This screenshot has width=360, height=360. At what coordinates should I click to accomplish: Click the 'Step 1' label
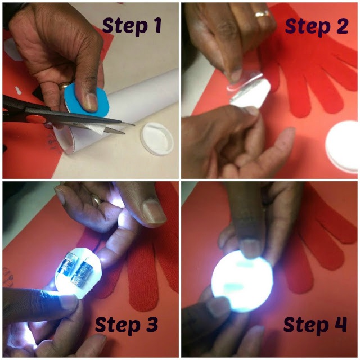point(132,26)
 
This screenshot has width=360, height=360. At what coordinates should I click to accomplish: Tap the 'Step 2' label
point(317,26)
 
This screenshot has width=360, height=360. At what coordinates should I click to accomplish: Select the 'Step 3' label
point(127,324)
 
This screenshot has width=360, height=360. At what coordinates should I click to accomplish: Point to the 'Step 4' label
point(315,324)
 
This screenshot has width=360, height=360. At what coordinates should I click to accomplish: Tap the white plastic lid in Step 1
point(157,138)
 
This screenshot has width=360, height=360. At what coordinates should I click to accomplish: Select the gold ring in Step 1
point(64,85)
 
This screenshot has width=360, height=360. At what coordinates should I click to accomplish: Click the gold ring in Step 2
point(262,14)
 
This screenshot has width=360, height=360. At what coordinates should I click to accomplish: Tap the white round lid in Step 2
point(343,146)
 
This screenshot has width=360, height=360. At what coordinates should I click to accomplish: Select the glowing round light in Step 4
point(242,282)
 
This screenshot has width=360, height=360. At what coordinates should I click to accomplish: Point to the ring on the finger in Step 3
point(97,199)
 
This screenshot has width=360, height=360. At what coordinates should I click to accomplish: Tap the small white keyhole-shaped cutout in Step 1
point(18,90)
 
